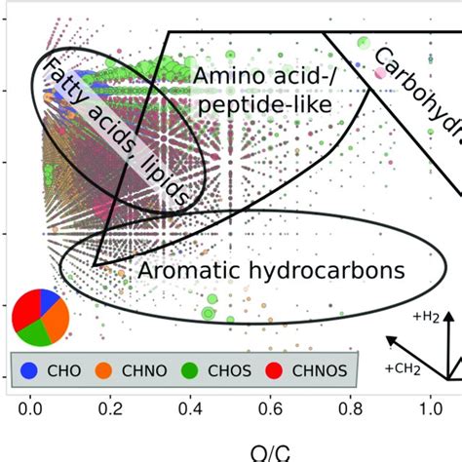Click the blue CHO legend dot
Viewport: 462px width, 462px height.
[x=29, y=370]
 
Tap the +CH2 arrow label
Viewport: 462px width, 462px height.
[x=402, y=368]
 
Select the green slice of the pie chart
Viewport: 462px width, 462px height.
[x=35, y=333]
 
